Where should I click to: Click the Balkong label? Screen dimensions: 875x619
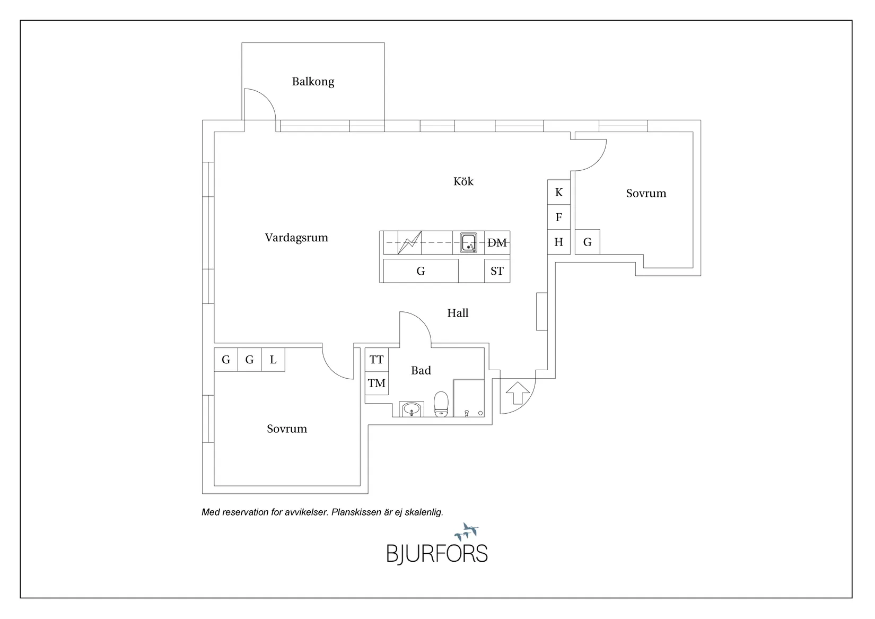[x=313, y=82]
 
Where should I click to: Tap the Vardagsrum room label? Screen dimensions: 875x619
[x=296, y=238]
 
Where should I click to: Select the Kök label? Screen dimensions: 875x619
[x=463, y=181]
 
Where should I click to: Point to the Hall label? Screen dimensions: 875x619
[x=458, y=313]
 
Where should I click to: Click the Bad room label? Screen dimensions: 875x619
[x=421, y=370]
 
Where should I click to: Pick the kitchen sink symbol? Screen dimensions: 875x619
[x=468, y=243]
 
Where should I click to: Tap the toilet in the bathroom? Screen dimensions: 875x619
[x=441, y=404]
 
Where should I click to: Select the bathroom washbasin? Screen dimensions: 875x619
[x=412, y=409]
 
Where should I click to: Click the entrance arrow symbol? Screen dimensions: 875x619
[x=518, y=393]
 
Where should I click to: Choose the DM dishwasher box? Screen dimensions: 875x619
[x=497, y=243]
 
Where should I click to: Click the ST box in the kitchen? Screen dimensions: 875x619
[x=497, y=271]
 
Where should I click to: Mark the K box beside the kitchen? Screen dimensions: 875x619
[x=559, y=192]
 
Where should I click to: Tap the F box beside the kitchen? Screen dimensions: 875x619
[x=559, y=217]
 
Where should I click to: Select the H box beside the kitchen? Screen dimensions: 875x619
[x=559, y=242]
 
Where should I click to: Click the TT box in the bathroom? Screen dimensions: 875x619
[x=377, y=360]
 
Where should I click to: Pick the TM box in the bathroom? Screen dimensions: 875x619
[x=377, y=383]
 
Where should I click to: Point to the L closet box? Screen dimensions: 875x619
[x=273, y=360]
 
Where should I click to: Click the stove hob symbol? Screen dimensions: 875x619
[x=409, y=243]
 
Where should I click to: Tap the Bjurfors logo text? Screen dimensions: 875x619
[x=437, y=554]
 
